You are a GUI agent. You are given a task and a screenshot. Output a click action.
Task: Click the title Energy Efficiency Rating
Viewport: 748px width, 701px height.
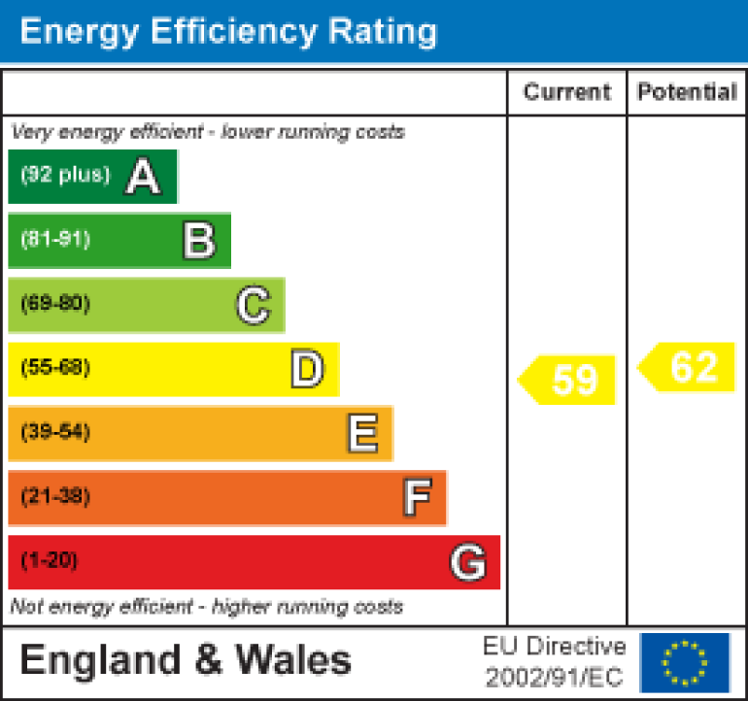pos(228,31)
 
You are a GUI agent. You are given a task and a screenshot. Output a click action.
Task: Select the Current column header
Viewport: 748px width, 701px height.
pos(567,92)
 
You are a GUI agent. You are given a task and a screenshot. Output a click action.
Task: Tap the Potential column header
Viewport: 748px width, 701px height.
pos(687,92)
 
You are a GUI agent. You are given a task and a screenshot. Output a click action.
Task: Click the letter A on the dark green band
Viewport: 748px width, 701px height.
pos(143,177)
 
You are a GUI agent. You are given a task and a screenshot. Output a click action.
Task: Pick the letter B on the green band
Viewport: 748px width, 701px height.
pos(199,240)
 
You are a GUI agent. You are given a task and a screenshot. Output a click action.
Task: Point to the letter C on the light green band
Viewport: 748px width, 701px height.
pos(253,305)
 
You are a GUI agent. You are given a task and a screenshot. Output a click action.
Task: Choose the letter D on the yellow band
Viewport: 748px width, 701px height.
pos(307,369)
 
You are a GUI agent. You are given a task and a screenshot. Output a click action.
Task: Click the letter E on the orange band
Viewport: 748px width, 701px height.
pos(362,433)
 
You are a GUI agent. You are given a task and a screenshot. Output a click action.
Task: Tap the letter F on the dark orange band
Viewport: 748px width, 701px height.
pos(417,497)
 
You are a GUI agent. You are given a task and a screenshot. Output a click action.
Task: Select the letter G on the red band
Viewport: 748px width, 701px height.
pos(468,562)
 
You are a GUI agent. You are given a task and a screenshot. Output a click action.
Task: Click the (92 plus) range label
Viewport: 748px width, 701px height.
pos(65,176)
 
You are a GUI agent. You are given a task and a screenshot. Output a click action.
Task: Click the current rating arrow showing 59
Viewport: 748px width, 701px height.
pos(568,380)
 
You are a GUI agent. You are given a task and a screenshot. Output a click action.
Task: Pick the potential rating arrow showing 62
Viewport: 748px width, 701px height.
pos(687,368)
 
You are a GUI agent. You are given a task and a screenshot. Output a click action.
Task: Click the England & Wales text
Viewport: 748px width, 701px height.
pos(186,661)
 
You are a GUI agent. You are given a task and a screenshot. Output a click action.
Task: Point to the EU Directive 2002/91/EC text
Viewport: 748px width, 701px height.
pos(555,662)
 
